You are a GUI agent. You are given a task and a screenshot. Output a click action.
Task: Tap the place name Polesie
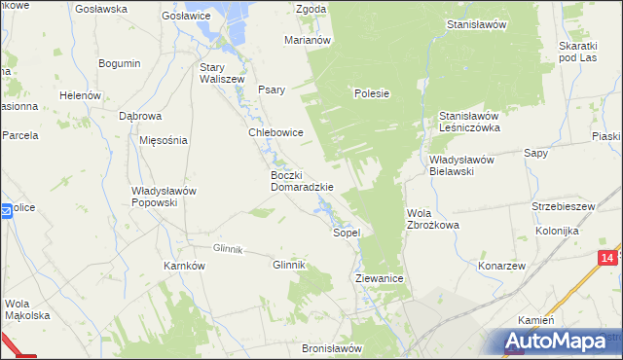pos(372,94)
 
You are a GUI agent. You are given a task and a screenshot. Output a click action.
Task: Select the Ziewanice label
pos(379,278)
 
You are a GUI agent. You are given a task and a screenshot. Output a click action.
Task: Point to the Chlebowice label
pos(276,132)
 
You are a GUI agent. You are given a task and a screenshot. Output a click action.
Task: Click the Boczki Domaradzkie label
pos(302,181)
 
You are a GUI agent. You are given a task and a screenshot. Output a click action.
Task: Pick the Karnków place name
pos(184,265)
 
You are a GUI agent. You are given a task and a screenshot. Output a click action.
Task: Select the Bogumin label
pos(120,63)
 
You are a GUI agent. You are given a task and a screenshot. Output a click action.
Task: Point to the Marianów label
pos(309,40)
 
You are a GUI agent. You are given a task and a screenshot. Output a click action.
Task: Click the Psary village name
pos(272,90)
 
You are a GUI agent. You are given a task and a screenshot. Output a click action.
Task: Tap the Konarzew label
pos(501,266)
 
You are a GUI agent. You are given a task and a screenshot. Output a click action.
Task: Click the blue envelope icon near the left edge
pos(6,210)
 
